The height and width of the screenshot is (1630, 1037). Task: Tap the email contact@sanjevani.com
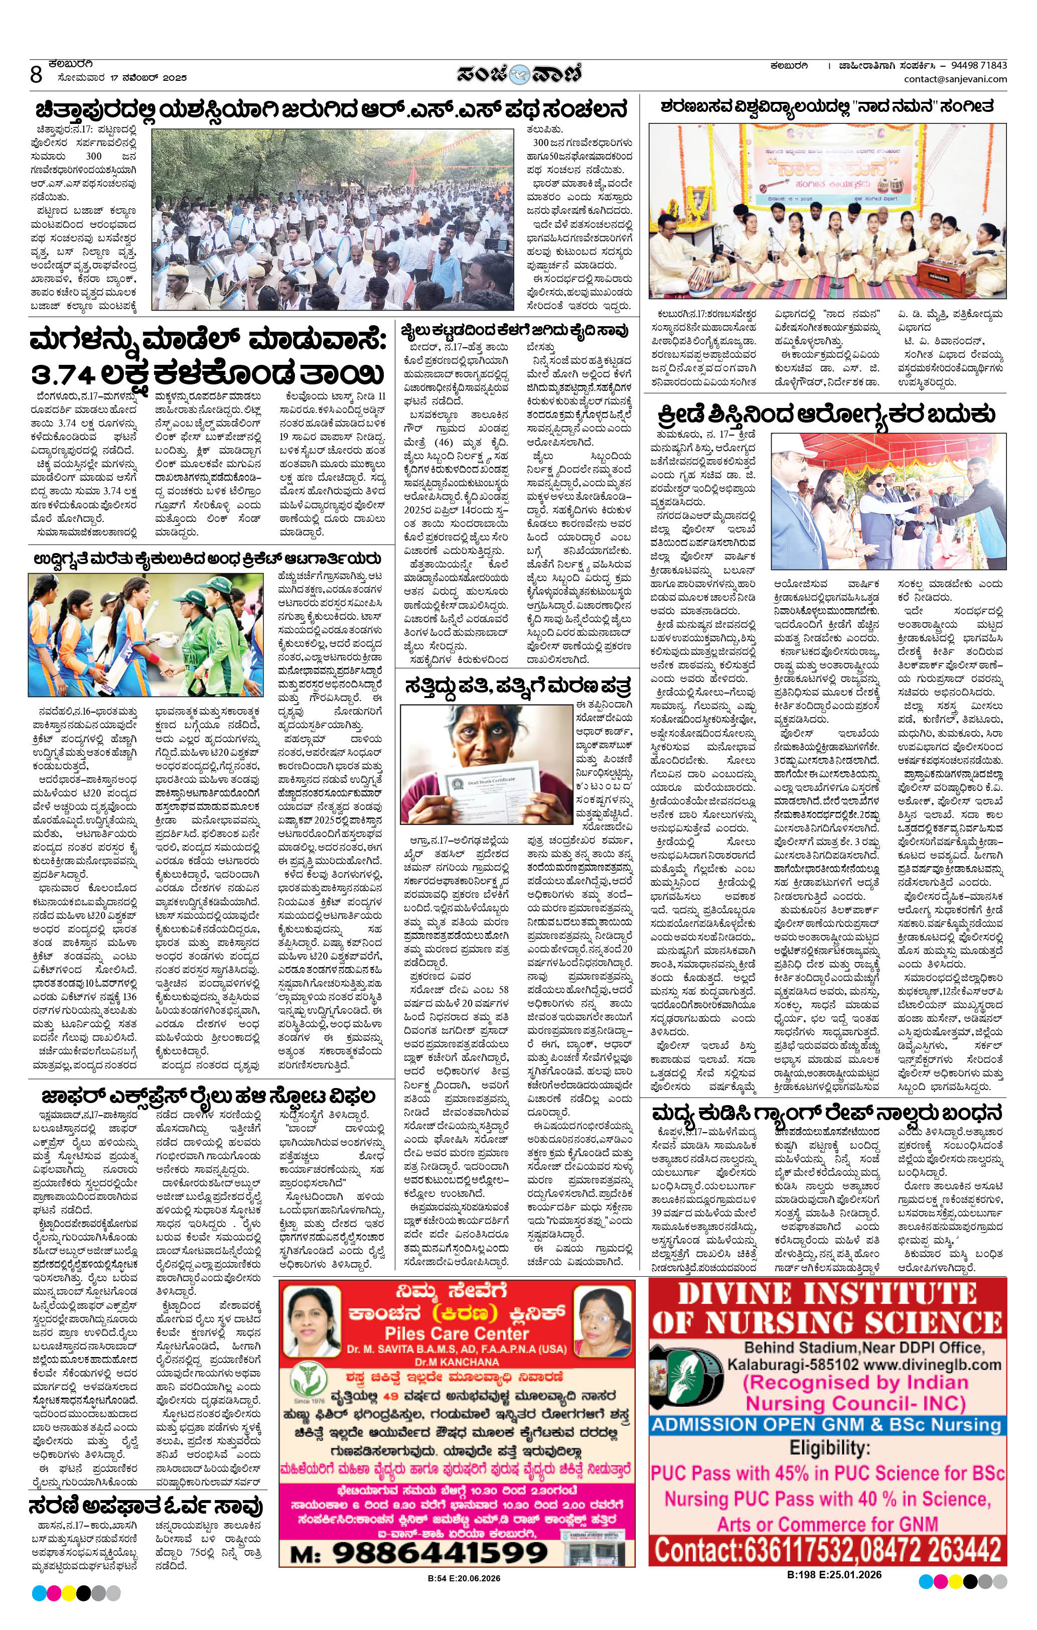click(x=955, y=79)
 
